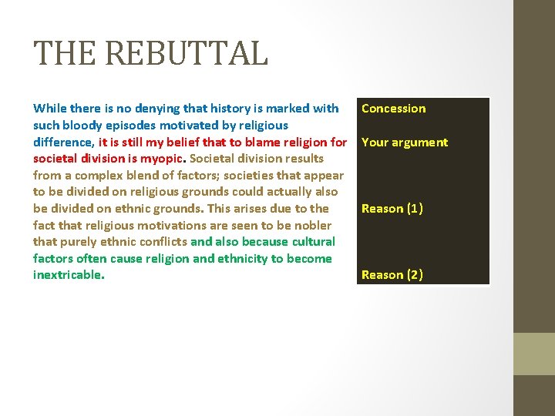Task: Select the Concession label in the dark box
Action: pyautogui.click(x=393, y=109)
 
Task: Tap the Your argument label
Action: pyautogui.click(x=404, y=143)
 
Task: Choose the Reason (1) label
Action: pyautogui.click(x=392, y=209)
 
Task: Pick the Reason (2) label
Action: pyautogui.click(x=392, y=275)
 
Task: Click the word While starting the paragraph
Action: pyautogui.click(x=49, y=109)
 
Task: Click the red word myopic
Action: pyautogui.click(x=162, y=159)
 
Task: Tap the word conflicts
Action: pyautogui.click(x=161, y=242)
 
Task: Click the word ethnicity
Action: pyautogui.click(x=248, y=259)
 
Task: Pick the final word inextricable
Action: pyautogui.click(x=69, y=275)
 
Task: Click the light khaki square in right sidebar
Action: pyautogui.click(x=534, y=354)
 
